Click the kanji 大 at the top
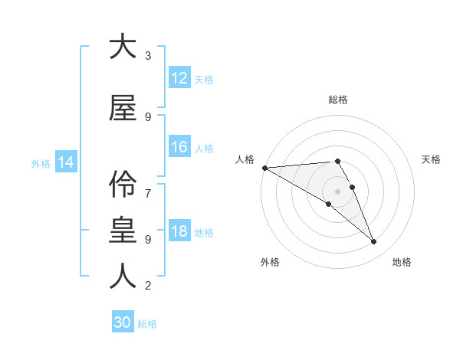123,47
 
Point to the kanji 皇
123,230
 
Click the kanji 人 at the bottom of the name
123,276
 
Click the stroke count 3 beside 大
148,56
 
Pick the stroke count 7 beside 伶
148,186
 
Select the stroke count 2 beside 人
148,286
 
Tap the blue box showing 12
179,78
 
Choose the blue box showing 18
179,231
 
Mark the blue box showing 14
66,162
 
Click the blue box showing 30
123,322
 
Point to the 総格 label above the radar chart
337,100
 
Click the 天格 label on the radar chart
432,159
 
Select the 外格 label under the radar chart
270,262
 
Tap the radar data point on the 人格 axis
264,168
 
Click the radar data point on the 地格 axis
374,242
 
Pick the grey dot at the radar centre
337,191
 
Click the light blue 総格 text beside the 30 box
147,324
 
